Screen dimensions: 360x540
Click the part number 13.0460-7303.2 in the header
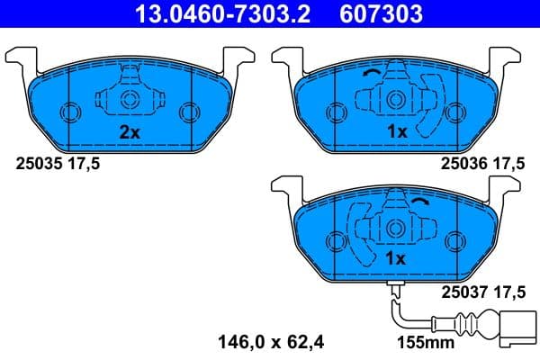229,14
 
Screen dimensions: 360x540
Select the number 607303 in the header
381,14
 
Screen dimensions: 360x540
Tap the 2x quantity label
130,131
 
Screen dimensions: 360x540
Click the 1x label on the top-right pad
397,131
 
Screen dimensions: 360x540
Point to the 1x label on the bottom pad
397,259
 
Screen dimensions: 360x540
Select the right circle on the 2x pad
188,112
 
